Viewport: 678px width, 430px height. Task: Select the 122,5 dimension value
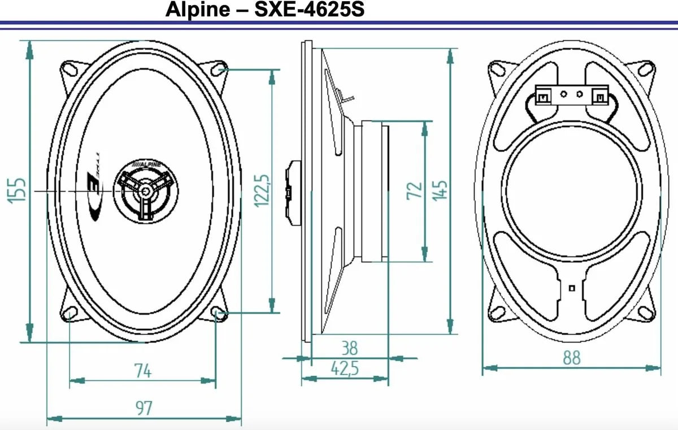tap(261, 190)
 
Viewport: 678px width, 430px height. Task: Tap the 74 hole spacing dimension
tap(142, 371)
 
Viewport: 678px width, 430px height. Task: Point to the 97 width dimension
tap(144, 408)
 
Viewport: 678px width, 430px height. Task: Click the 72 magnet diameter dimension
tap(415, 190)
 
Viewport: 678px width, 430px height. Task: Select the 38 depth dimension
tap(349, 347)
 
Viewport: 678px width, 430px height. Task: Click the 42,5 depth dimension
tap(344, 368)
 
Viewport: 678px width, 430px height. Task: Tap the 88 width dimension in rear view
tap(571, 358)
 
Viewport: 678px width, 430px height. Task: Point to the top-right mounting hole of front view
tap(219, 70)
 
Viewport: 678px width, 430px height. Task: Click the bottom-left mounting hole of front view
tap(71, 312)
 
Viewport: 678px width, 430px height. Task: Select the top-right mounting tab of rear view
tap(645, 68)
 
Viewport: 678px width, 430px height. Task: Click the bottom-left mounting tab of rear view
tap(499, 312)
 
